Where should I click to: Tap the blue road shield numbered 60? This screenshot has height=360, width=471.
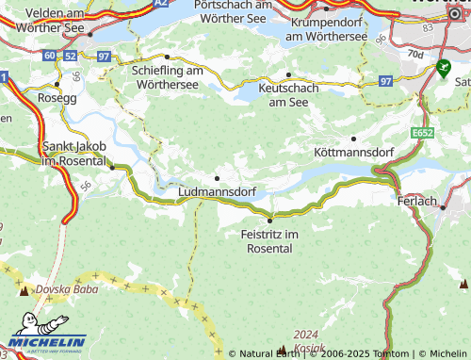(49, 57)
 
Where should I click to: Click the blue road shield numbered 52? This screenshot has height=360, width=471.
(71, 57)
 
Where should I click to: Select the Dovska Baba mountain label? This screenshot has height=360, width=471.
(67, 289)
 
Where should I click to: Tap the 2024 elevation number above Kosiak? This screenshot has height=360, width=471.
(306, 335)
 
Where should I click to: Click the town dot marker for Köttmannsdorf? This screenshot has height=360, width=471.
(354, 139)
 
